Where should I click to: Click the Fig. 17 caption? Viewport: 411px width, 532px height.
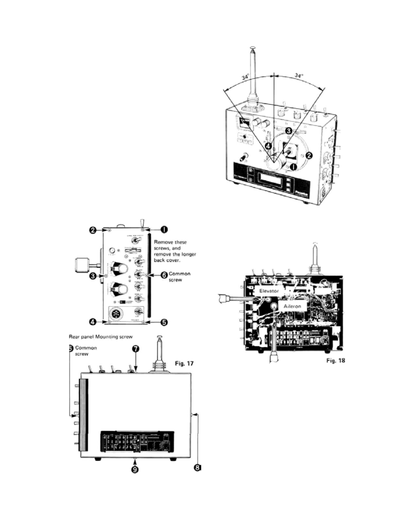pyautogui.click(x=184, y=363)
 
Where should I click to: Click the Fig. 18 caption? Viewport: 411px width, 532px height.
pyautogui.click(x=335, y=360)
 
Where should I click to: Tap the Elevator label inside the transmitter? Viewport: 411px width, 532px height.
pyautogui.click(x=269, y=291)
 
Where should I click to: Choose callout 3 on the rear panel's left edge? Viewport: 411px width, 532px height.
pyautogui.click(x=93, y=276)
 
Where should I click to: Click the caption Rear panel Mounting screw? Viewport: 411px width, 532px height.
pyautogui.click(x=101, y=336)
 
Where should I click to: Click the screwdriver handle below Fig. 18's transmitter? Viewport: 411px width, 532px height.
pyautogui.click(x=273, y=357)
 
